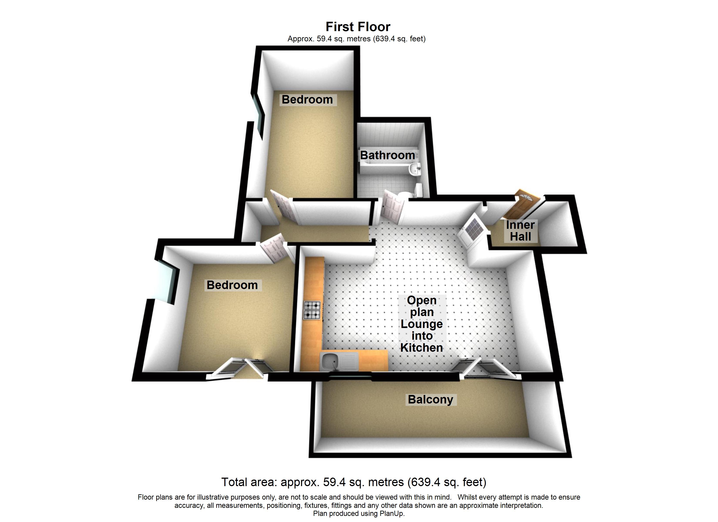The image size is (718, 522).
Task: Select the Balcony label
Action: pyautogui.click(x=431, y=400)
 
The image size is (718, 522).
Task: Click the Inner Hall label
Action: pyautogui.click(x=520, y=231)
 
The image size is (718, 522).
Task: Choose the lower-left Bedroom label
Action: pyautogui.click(x=232, y=285)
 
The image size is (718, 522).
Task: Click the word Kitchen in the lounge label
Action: pyautogui.click(x=421, y=348)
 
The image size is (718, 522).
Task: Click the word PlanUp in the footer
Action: pyautogui.click(x=392, y=514)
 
